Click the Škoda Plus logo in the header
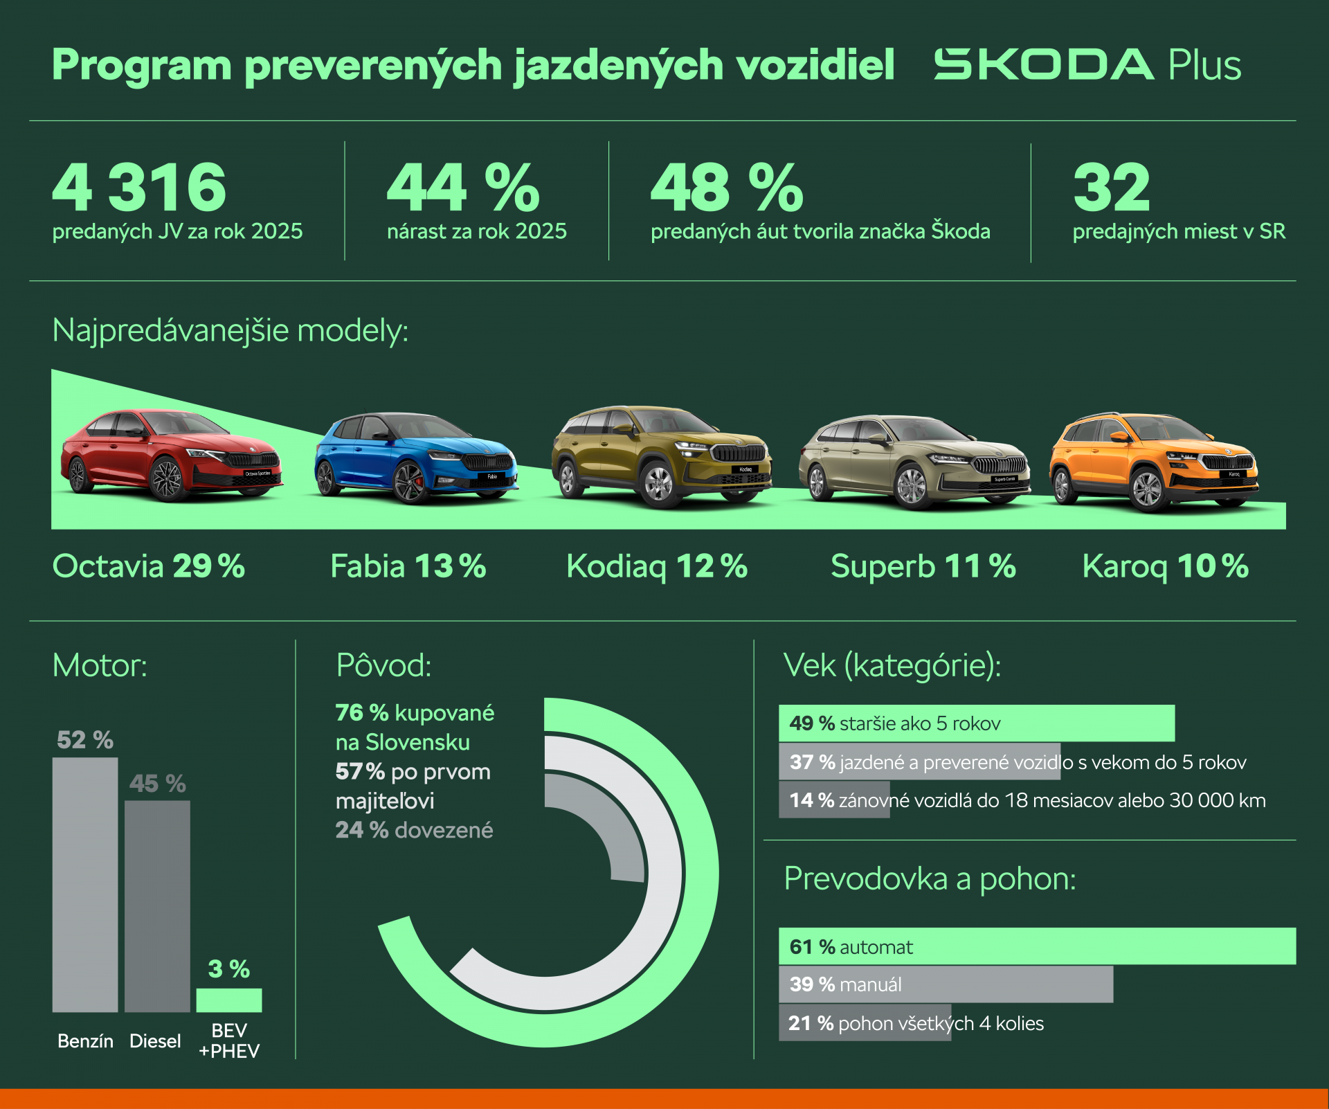coord(1087,65)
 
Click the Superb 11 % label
coord(923,566)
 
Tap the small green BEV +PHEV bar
coord(229,1000)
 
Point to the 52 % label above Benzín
coord(85,740)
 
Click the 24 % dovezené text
coord(414,830)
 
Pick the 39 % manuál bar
coord(946,984)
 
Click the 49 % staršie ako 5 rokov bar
coord(976,723)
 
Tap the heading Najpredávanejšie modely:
coord(230,331)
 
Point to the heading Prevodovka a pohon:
coord(930,879)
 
